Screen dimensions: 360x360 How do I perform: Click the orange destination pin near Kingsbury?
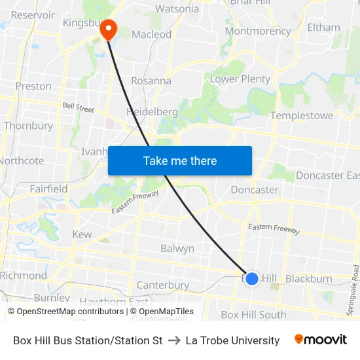(107, 29)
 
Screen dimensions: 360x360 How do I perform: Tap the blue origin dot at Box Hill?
(252, 278)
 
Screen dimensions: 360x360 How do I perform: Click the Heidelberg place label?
(152, 112)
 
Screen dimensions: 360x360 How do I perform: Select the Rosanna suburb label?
(151, 81)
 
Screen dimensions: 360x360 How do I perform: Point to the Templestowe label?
(301, 116)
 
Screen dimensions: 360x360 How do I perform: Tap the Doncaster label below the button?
(255, 190)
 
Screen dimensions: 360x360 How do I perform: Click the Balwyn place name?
(177, 249)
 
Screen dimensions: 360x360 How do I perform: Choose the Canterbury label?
(163, 285)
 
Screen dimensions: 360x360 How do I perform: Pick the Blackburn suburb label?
(309, 279)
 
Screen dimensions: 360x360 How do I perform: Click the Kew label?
(82, 234)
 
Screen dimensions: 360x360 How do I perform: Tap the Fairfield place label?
(48, 189)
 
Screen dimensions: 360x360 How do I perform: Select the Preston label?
(33, 86)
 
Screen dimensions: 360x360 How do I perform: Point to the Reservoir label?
(33, 14)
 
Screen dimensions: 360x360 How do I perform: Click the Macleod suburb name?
(151, 34)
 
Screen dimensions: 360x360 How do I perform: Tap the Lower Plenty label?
(240, 79)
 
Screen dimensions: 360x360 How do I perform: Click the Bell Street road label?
(79, 106)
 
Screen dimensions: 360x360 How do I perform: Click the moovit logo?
(320, 340)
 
